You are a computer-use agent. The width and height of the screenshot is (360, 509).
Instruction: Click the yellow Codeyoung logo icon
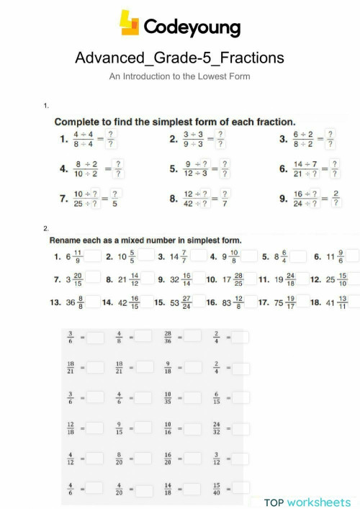130,23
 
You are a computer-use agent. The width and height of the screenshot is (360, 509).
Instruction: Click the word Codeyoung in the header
192,27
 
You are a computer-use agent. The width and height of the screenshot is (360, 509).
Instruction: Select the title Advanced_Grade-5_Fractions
179,58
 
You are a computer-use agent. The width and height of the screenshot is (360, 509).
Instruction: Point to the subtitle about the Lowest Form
179,75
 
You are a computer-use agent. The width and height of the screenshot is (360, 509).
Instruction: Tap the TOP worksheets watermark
307,502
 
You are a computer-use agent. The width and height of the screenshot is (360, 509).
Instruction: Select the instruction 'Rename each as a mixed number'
145,240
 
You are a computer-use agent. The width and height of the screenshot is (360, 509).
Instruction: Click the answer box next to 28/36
192,335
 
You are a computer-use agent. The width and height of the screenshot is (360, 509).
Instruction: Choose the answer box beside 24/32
240,429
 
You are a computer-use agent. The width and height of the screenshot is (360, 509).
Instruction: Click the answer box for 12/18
94,429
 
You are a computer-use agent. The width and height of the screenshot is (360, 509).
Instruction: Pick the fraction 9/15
119,429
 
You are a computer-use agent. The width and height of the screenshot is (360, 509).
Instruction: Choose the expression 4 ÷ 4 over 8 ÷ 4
86,138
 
